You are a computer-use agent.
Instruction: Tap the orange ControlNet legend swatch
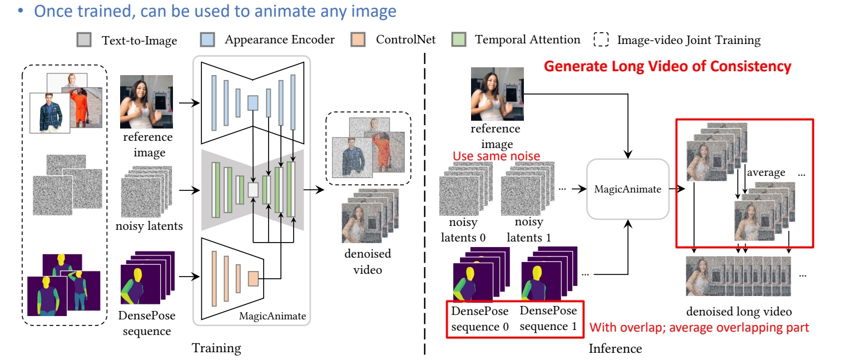(359, 40)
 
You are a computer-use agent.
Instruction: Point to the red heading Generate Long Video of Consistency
(667, 67)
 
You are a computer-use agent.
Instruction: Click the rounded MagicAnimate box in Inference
(628, 189)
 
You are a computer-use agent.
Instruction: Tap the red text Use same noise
(496, 156)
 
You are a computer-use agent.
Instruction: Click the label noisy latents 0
(463, 230)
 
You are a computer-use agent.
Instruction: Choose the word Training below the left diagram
(216, 349)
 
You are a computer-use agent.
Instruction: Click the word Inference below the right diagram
(615, 349)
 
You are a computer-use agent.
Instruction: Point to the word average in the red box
(766, 172)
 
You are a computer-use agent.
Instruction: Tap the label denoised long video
(739, 312)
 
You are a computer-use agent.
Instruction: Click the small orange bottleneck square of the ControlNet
(254, 278)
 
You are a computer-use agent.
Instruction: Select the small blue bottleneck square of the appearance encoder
(253, 103)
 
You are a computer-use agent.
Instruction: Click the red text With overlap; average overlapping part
(699, 327)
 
